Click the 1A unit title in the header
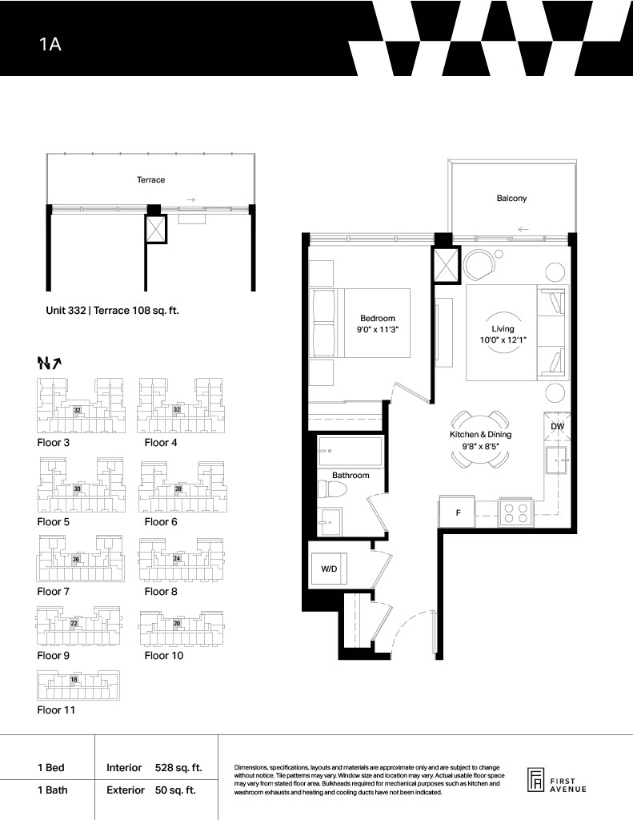pos(50,44)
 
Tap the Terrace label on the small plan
pos(150,180)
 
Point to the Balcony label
pos(511,199)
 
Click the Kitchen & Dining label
pos(480,435)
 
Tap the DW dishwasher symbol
pos(557,426)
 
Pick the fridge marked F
pos(458,512)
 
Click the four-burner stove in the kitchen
pos(516,512)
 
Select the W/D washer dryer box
pos(329,569)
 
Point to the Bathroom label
pos(351,476)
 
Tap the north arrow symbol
pos(50,363)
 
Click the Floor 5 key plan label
pos(53,522)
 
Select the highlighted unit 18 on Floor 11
pos(74,679)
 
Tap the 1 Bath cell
pos(52,790)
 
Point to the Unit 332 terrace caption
pos(112,311)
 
